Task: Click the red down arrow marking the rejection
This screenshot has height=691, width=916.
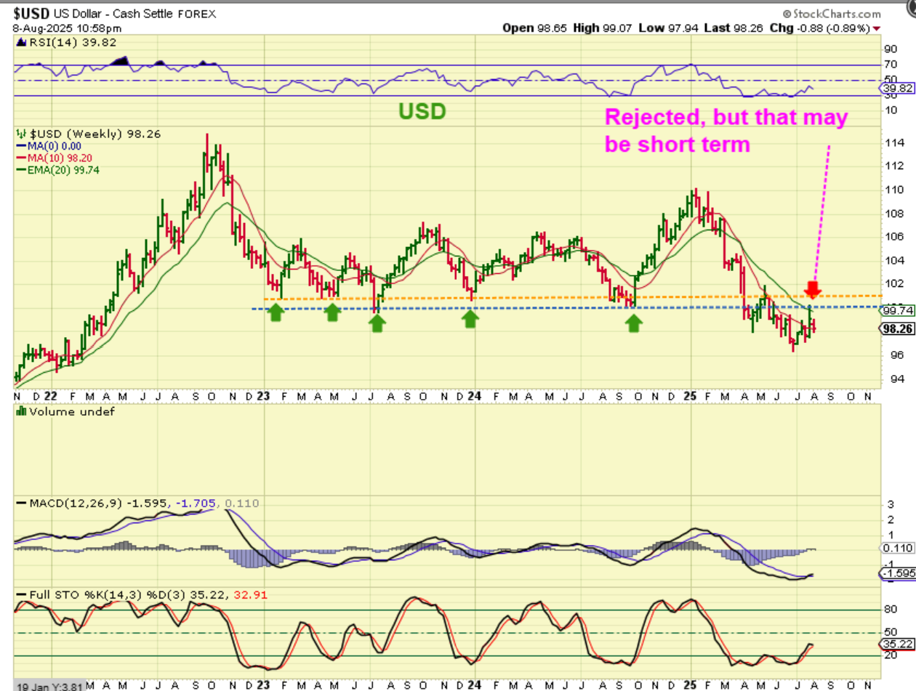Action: click(x=813, y=288)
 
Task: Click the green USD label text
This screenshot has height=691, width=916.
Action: click(x=422, y=111)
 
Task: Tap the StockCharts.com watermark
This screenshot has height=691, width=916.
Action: click(x=832, y=14)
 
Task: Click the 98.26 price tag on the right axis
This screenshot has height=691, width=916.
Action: click(x=891, y=328)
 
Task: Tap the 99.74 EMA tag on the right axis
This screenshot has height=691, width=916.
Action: click(x=891, y=310)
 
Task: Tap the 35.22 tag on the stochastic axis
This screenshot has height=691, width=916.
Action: click(x=891, y=644)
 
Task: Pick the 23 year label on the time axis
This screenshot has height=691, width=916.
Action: click(x=262, y=397)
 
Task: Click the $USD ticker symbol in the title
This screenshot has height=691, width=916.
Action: click(x=30, y=14)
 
